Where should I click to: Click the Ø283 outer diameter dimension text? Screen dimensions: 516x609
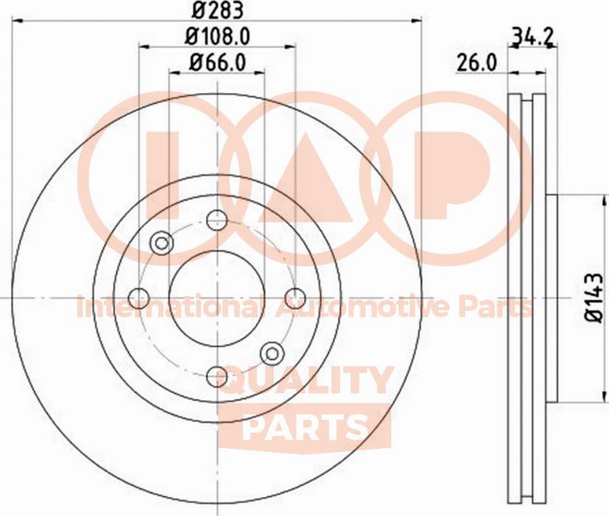[217, 10]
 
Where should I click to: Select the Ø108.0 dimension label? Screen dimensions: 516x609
[217, 35]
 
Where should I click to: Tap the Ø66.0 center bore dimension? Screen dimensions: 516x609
[217, 61]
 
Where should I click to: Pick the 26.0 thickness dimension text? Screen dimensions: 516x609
[475, 63]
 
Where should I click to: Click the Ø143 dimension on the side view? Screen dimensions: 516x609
[593, 297]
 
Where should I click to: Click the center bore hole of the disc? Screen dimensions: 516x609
[217, 297]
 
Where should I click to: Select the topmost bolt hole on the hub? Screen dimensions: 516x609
[217, 219]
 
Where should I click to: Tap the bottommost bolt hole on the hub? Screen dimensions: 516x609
[217, 376]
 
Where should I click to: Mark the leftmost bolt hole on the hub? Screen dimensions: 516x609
[139, 297]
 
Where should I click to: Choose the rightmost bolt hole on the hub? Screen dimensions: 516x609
[295, 297]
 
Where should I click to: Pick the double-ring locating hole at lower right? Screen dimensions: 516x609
[272, 353]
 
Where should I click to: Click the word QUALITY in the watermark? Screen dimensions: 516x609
[306, 382]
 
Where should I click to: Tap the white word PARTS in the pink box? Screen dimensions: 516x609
[305, 426]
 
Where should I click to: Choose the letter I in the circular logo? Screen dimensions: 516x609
[164, 176]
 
